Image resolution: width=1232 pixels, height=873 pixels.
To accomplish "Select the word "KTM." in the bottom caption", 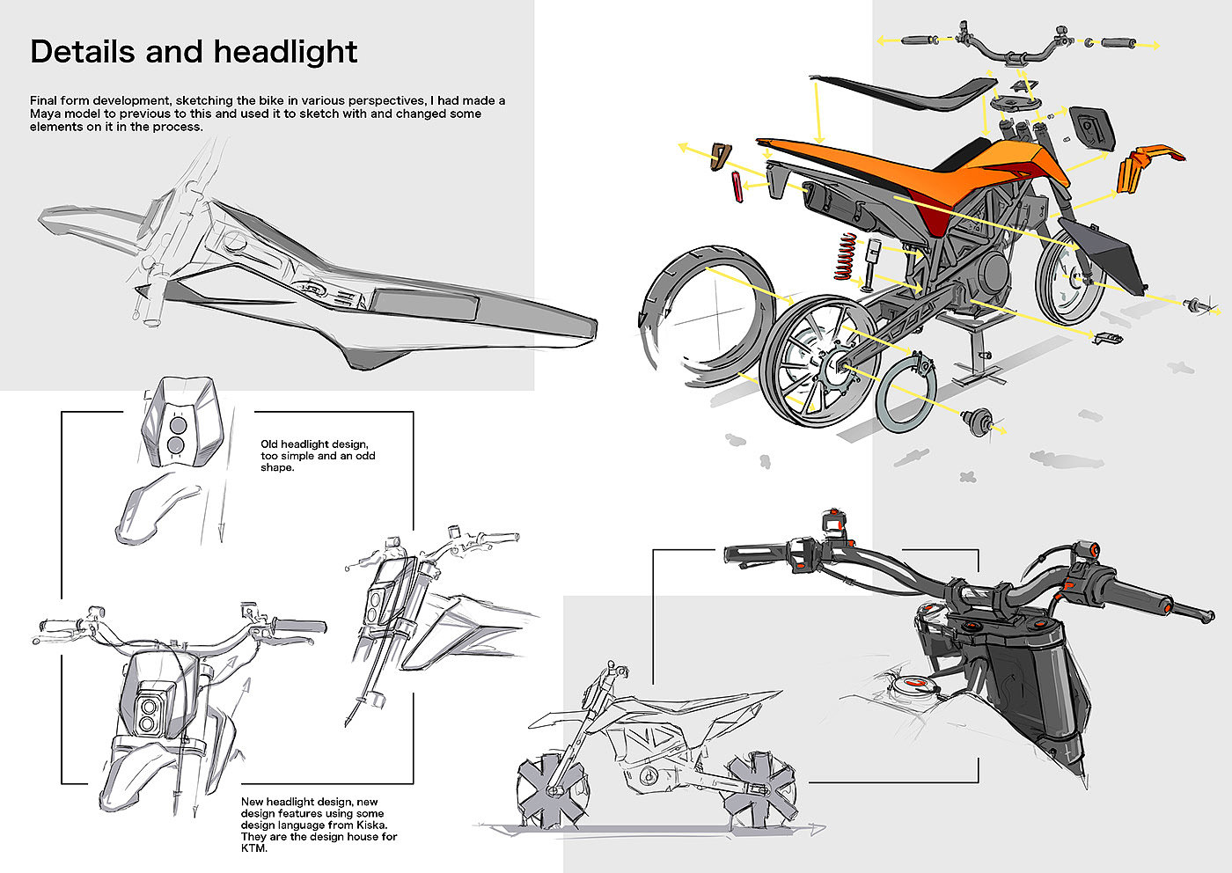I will click(253, 848).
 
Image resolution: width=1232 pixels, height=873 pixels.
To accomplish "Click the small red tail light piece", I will click(736, 187).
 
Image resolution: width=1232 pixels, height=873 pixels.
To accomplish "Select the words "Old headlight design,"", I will click(314, 444).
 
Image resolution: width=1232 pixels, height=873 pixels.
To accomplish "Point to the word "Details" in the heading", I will click(84, 51).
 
